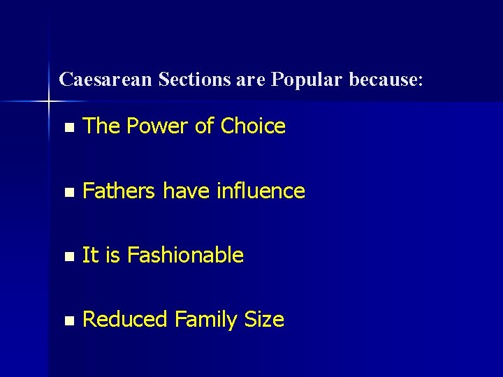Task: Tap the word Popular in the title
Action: (x=305, y=80)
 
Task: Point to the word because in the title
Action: (x=386, y=80)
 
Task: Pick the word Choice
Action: (x=253, y=126)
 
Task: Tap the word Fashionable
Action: (x=186, y=256)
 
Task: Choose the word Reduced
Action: (x=126, y=320)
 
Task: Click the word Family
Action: (x=207, y=320)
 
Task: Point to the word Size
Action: (x=264, y=320)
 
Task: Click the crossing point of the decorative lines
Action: (x=49, y=102)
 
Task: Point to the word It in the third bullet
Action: (x=90, y=256)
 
